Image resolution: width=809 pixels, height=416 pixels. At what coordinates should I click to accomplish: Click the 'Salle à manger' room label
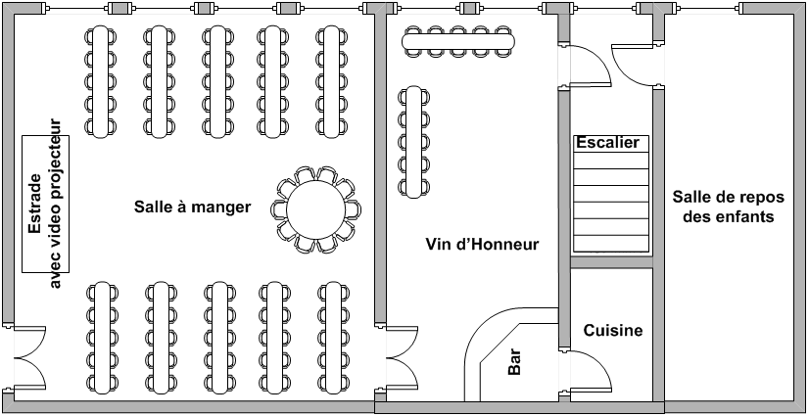pyautogui.click(x=192, y=207)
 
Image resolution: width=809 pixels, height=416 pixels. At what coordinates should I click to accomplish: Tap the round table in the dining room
pyautogui.click(x=315, y=209)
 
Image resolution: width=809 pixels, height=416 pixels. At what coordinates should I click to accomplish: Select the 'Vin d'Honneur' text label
pyautogui.click(x=482, y=244)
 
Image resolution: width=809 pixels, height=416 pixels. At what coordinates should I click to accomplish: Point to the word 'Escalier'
pyautogui.click(x=607, y=142)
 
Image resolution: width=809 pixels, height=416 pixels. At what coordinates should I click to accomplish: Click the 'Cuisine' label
pyautogui.click(x=613, y=330)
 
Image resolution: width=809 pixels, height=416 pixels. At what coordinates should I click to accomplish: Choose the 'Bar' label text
pyautogui.click(x=514, y=362)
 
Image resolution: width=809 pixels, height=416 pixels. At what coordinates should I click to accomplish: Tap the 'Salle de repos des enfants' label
pyautogui.click(x=728, y=207)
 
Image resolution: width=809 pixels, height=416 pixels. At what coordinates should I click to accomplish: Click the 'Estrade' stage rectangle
pyautogui.click(x=45, y=204)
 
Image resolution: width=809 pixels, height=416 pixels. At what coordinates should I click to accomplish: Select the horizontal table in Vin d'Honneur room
pyautogui.click(x=458, y=41)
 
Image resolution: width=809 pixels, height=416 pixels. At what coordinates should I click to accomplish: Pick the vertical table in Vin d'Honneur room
pyautogui.click(x=413, y=142)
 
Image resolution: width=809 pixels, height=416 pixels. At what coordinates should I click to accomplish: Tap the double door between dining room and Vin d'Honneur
pyautogui.click(x=403, y=356)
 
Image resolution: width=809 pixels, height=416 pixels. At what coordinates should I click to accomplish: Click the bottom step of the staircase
pyautogui.click(x=611, y=244)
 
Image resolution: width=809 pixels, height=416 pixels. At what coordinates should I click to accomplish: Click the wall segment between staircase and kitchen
pyautogui.click(x=611, y=262)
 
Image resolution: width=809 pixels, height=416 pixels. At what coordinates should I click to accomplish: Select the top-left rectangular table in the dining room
pyautogui.click(x=101, y=81)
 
